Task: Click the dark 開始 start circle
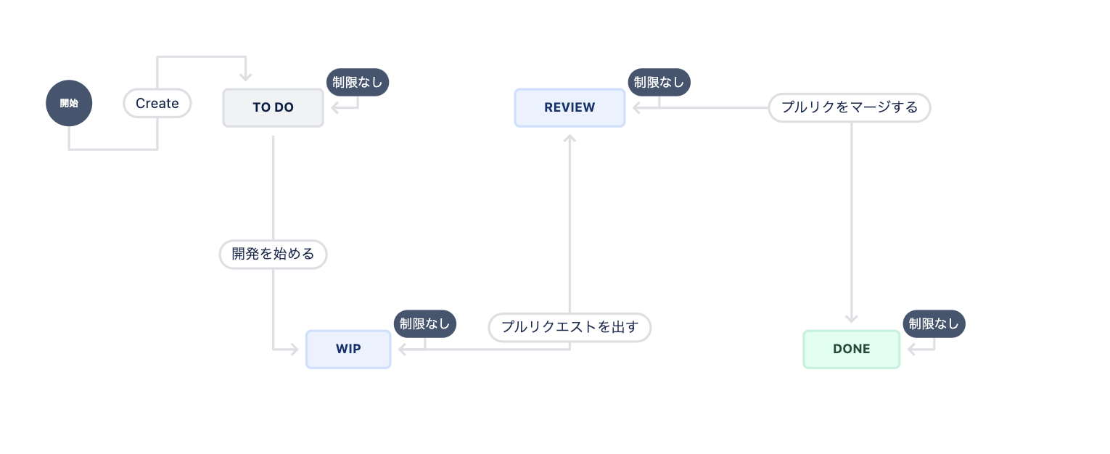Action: coord(69,103)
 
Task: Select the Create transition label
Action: coord(157,103)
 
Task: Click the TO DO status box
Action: coord(273,107)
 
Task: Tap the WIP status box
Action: coord(348,349)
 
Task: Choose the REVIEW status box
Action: coord(570,107)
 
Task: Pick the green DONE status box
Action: coord(851,349)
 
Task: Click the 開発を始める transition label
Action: coord(273,255)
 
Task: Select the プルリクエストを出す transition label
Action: coord(570,327)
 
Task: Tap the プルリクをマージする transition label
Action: coord(849,107)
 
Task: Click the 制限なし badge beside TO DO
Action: coord(358,82)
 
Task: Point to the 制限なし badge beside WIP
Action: coord(424,323)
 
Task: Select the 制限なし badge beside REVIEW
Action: coord(659,82)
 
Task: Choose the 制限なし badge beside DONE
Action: coord(934,323)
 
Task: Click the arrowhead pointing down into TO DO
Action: coord(246,77)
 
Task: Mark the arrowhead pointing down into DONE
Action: coord(852,318)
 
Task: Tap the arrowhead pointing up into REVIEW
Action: coord(570,138)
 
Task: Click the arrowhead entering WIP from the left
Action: coord(294,350)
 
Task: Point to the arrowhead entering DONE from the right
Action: coord(912,350)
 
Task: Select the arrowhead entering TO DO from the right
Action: coord(336,108)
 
